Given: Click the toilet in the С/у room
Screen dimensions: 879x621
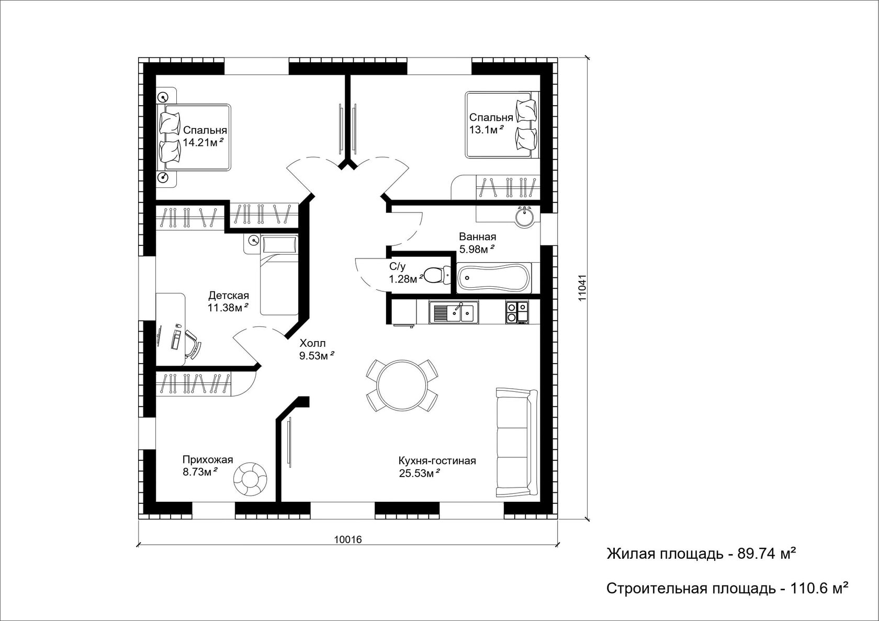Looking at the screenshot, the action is point(437,275).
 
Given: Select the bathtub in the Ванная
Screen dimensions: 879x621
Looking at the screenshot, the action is point(494,278).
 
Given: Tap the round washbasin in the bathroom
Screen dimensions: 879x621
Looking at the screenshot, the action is point(525,217).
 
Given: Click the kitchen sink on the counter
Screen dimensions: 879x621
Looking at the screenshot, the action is point(454,312).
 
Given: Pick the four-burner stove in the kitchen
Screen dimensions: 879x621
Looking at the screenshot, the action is point(517,312).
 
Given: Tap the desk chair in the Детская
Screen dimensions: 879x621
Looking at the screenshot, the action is point(193,344).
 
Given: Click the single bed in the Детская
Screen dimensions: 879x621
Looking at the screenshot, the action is point(279,275).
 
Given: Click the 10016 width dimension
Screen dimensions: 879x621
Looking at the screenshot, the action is point(347,539).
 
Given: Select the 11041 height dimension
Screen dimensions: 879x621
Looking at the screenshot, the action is point(582,288).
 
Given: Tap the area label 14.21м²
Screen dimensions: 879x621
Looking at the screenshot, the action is point(203,142).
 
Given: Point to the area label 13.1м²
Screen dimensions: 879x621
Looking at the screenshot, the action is point(486,129).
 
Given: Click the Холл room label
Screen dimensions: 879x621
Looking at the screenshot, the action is point(312,343).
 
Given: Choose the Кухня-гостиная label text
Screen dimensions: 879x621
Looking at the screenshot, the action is point(437,460).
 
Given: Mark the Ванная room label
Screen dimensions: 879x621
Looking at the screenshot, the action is point(478,236).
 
